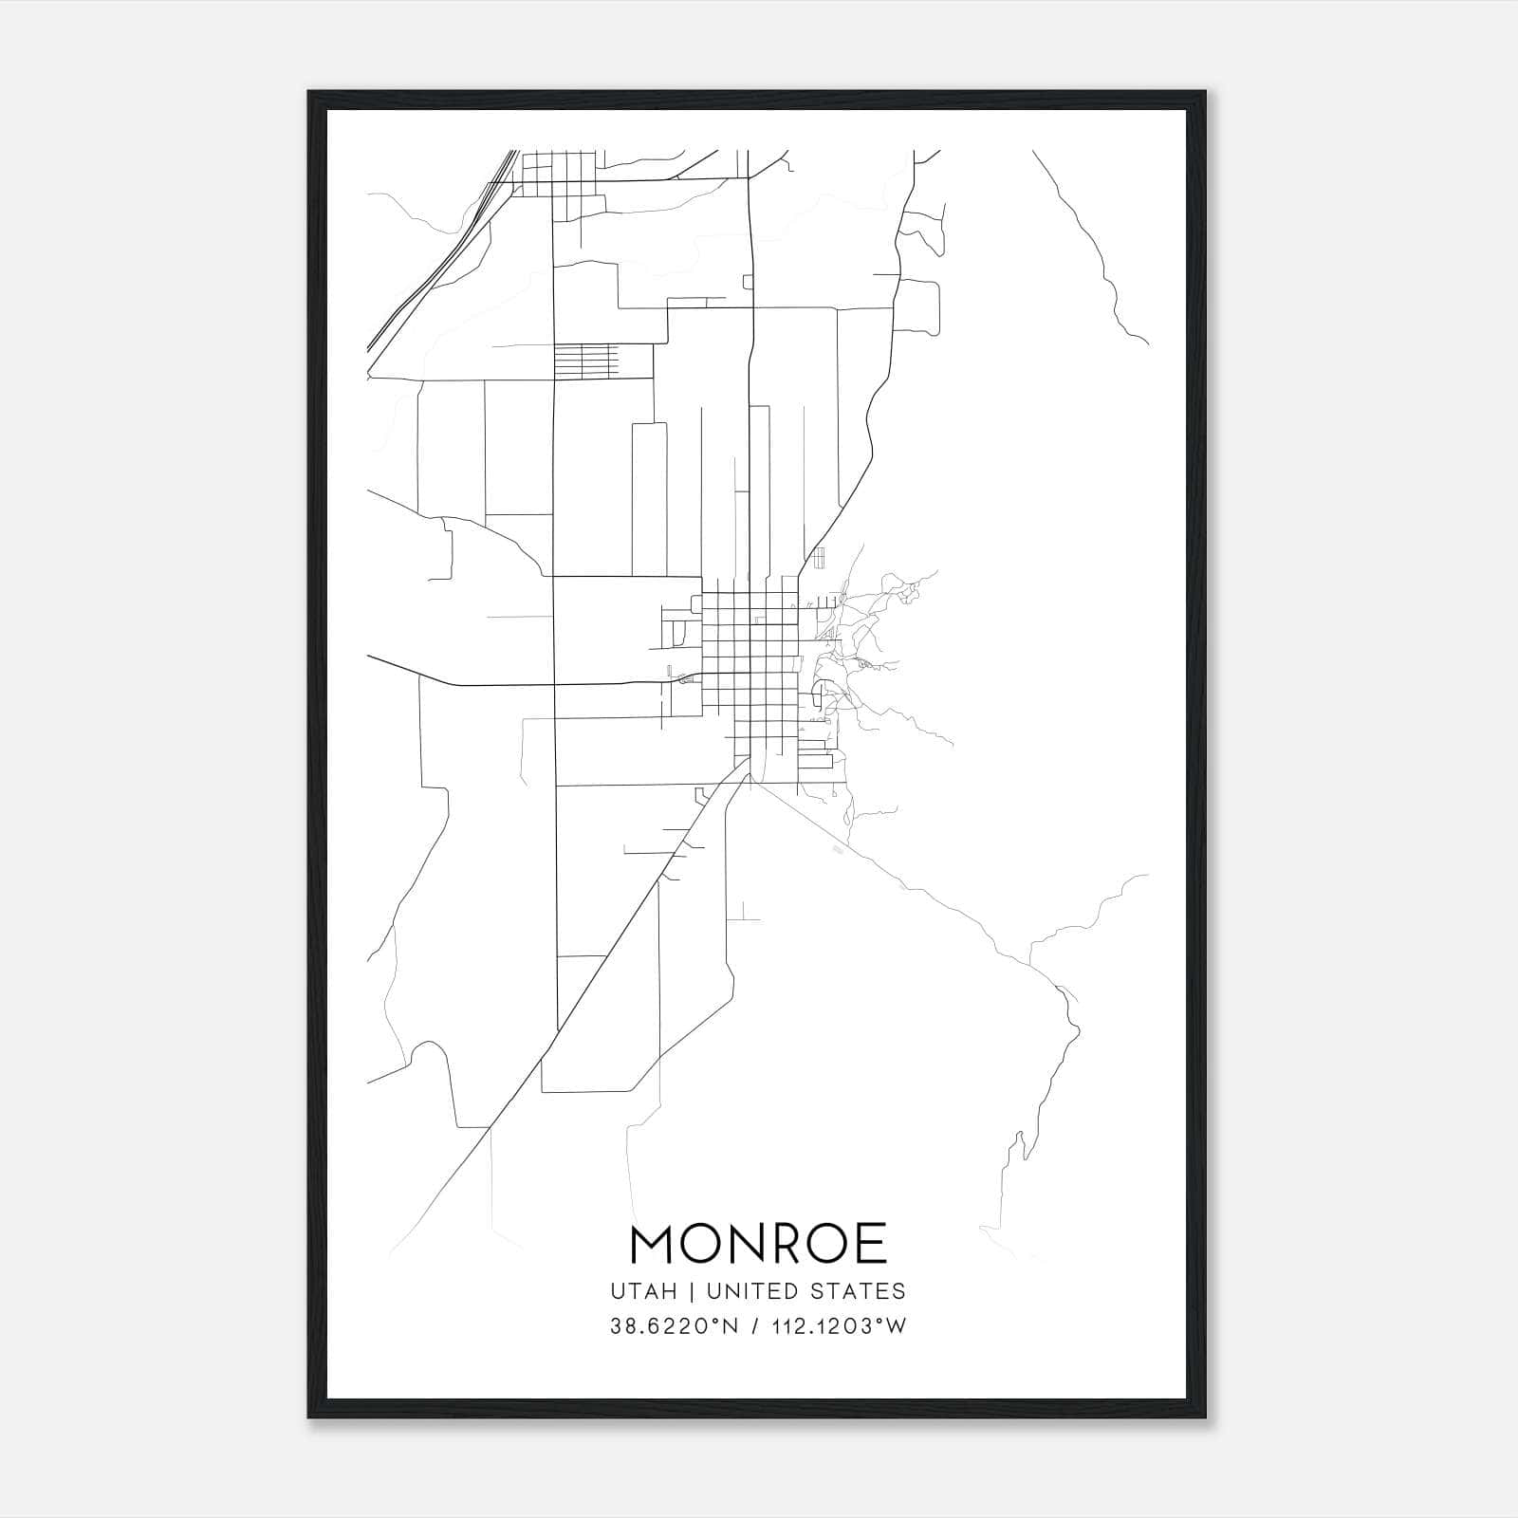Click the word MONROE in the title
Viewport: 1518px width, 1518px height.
coord(758,1244)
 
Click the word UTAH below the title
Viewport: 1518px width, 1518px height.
coord(644,1291)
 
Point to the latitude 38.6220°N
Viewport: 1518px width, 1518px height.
coord(674,1327)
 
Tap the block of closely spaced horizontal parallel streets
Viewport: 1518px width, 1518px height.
coord(585,361)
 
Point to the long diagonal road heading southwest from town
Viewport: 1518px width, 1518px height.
coord(607,949)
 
